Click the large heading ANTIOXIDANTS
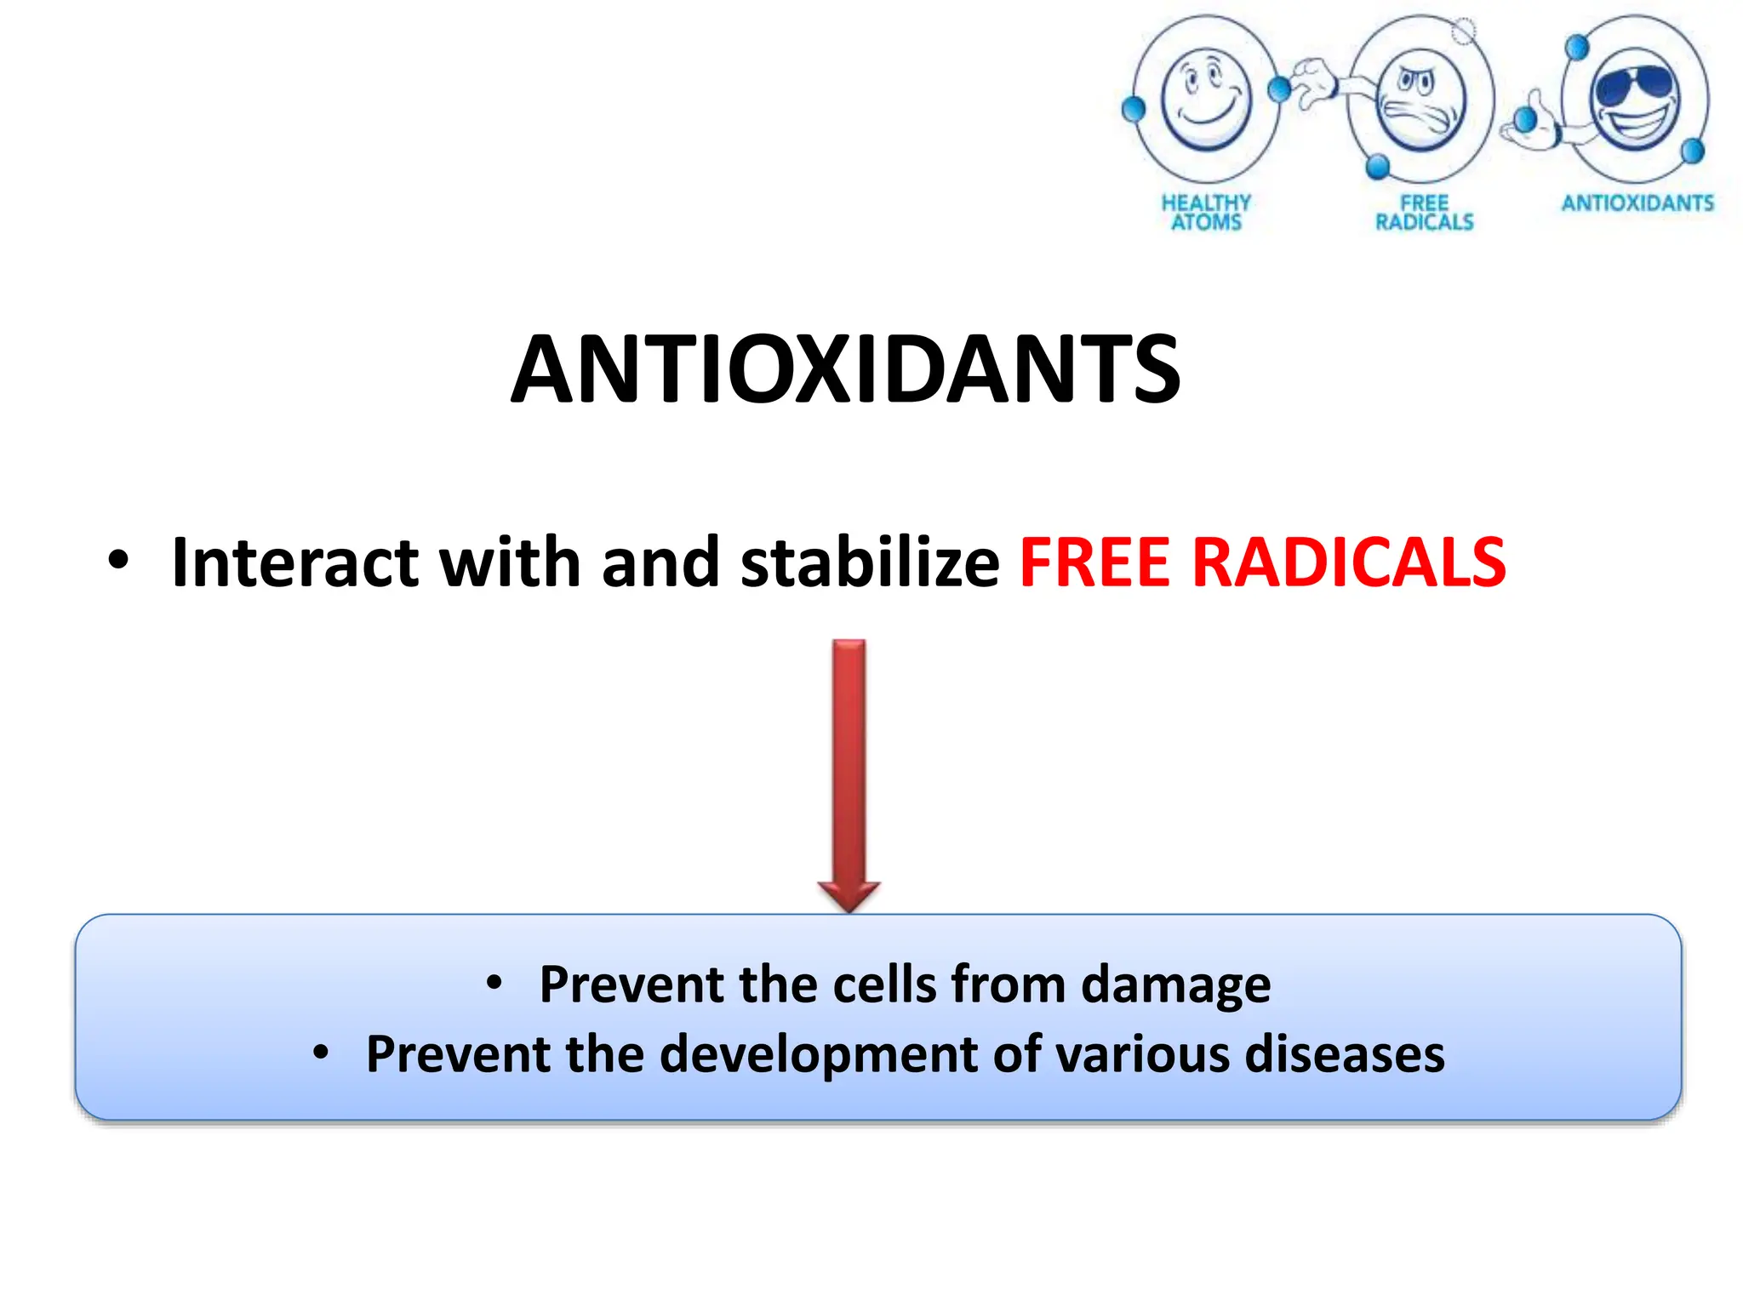click(845, 368)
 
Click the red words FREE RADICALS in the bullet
click(1262, 562)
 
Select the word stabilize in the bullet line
click(869, 562)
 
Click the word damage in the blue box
click(1175, 985)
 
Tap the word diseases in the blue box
click(1345, 1054)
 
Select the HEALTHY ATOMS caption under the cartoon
click(1206, 212)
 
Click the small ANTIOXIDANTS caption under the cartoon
click(1637, 203)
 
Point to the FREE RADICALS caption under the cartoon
click(1424, 212)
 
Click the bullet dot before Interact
click(118, 561)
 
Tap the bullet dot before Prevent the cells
click(494, 984)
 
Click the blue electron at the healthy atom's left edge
click(1133, 109)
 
